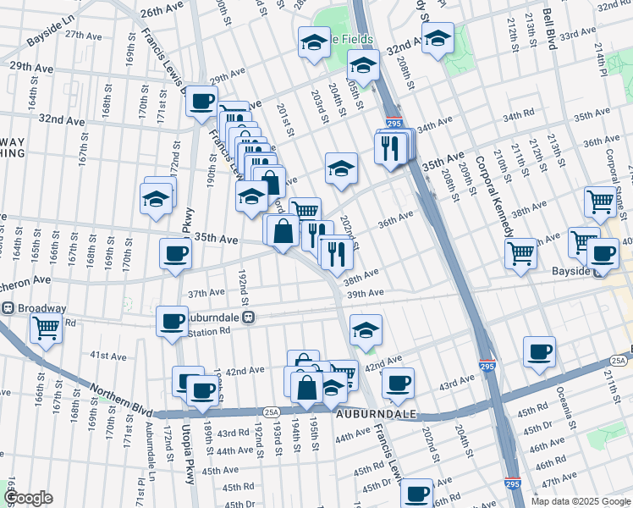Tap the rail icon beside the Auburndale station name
pos(249,317)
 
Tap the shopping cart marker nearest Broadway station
pos(46,327)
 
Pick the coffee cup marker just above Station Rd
pos(172,322)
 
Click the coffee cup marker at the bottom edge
pos(416,493)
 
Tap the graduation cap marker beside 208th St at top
pos(438,38)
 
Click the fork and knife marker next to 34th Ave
pos(388,149)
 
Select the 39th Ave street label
pos(366,293)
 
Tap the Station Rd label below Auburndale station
pos(212,331)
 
